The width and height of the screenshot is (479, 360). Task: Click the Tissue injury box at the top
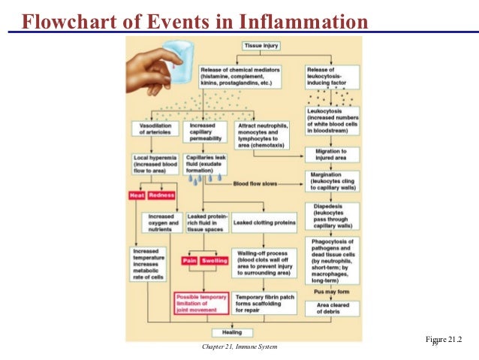(x=261, y=46)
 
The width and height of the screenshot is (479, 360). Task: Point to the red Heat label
(x=136, y=195)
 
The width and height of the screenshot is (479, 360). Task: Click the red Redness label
(x=161, y=195)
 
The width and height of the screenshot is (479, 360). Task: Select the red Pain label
(x=189, y=260)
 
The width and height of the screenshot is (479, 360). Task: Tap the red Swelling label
(x=215, y=260)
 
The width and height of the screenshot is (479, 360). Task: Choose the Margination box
(x=333, y=180)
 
